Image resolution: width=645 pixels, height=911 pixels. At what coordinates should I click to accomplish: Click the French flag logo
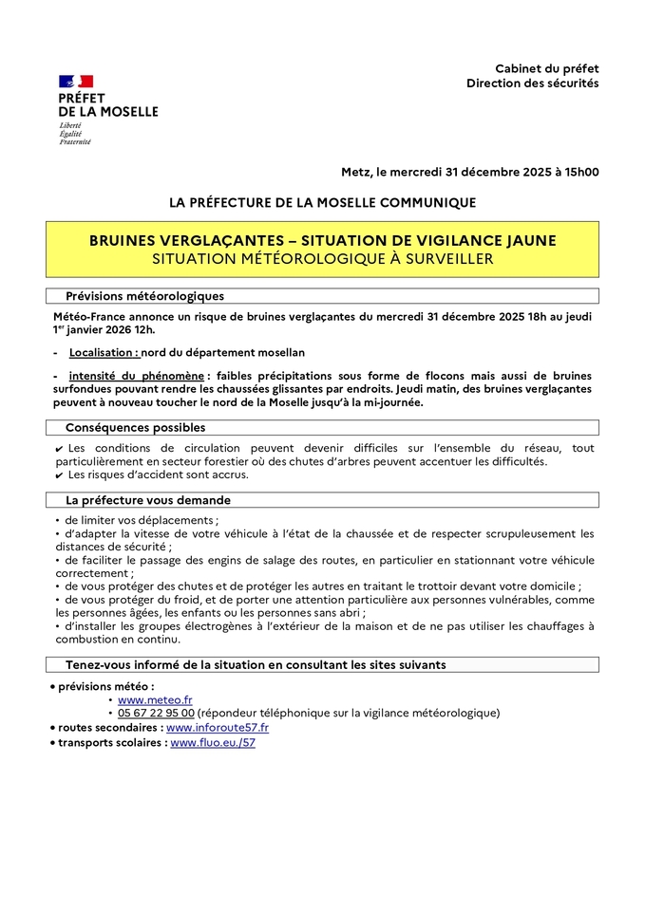pos(76,82)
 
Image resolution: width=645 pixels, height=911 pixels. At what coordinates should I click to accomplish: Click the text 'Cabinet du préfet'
pos(546,68)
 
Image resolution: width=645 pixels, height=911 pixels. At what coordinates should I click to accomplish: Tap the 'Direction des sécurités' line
pos(532,84)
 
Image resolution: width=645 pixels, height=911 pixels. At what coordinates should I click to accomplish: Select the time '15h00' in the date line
pos(579,172)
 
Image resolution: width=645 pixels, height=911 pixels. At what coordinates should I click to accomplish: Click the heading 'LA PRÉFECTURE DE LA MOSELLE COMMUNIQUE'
pos(322,202)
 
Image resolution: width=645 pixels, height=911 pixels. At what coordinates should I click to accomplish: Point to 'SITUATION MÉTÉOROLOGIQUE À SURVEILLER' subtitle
pos(322,258)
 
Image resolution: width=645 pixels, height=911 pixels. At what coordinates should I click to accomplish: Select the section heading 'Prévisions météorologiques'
pos(144,296)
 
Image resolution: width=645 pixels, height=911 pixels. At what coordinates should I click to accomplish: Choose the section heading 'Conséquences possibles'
pos(135,428)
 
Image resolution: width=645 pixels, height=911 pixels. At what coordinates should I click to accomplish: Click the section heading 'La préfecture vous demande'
pos(147,500)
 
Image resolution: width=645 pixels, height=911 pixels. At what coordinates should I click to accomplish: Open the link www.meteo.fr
pos(155,699)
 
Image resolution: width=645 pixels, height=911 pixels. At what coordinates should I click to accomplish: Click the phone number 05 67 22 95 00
pos(156,713)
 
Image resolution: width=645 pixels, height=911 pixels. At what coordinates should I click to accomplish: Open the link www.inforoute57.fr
pos(218,728)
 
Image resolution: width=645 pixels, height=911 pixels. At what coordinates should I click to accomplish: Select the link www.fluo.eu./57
pos(213,743)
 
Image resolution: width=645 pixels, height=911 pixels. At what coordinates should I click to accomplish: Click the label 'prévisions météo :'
pos(105,686)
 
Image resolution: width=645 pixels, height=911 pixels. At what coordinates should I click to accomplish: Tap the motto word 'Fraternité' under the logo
pos(75,142)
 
